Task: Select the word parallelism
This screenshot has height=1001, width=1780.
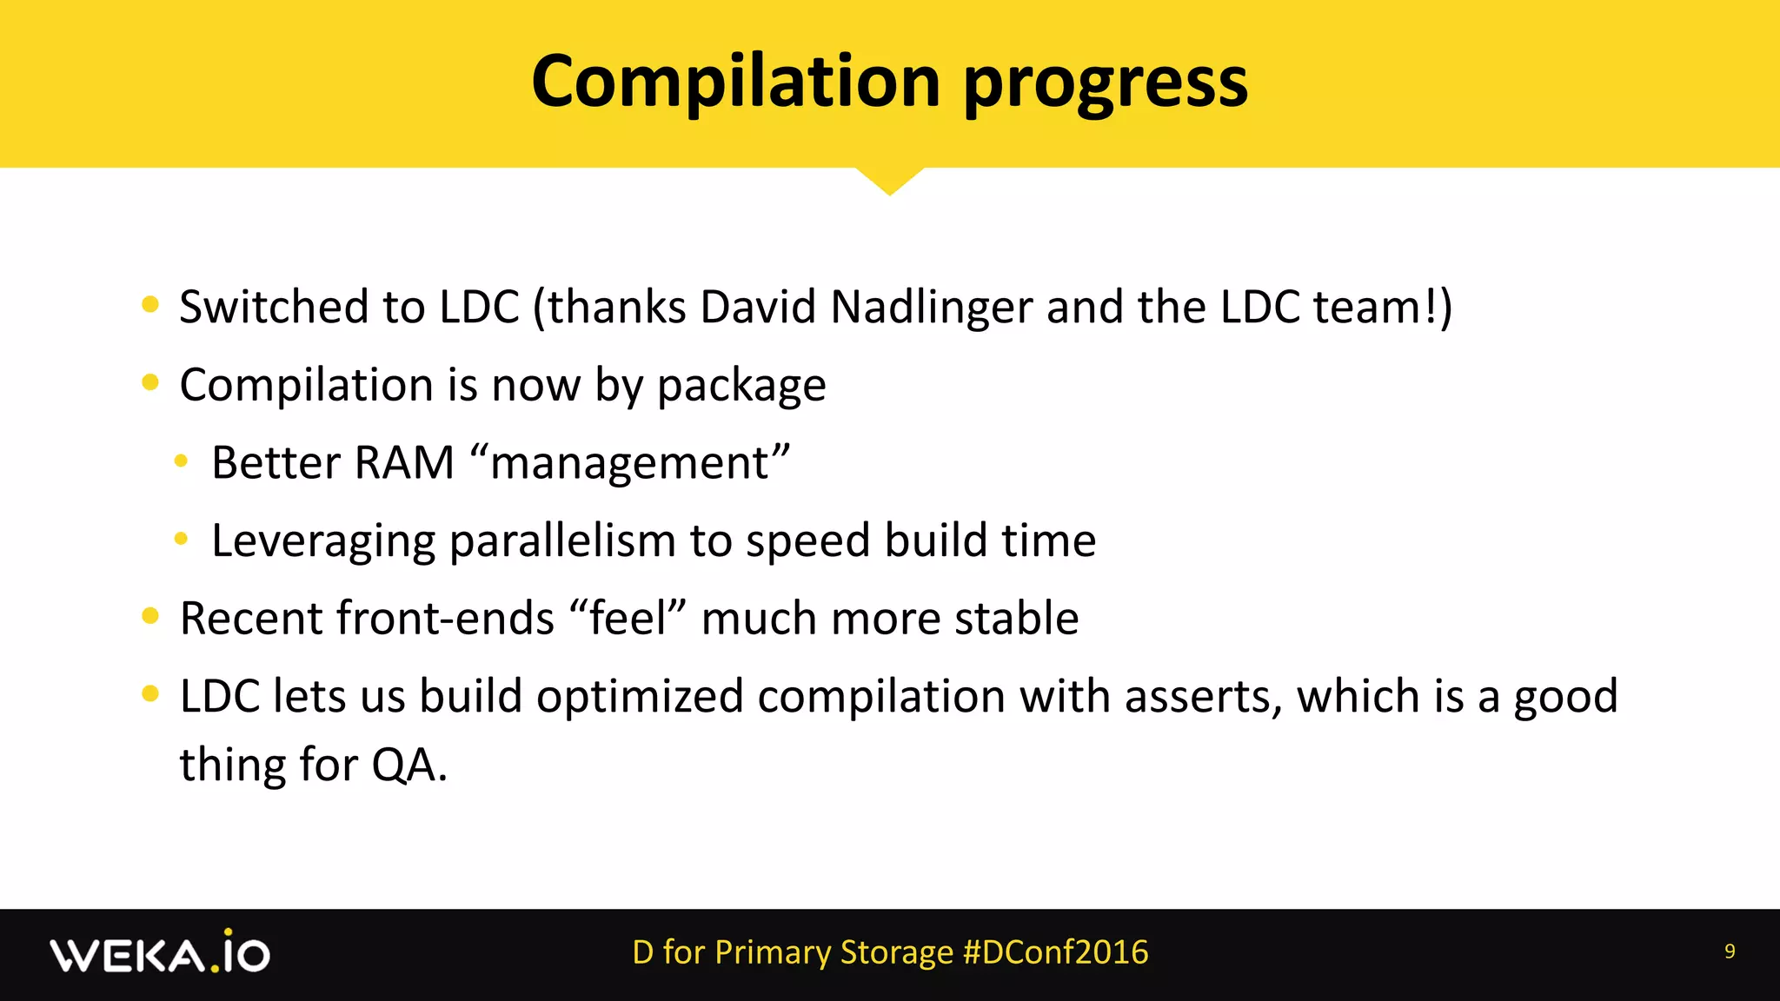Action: pyautogui.click(x=562, y=541)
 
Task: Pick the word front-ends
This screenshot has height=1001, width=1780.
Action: pyautogui.click(x=445, y=619)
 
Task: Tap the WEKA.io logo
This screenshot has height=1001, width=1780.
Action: pyautogui.click(x=160, y=953)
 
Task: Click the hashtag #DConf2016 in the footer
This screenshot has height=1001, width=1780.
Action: pyautogui.click(x=1055, y=952)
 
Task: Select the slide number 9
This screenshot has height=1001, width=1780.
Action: pyautogui.click(x=1729, y=951)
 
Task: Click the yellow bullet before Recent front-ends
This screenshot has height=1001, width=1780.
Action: pyautogui.click(x=150, y=616)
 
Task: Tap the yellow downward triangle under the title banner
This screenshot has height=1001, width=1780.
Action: pyautogui.click(x=889, y=180)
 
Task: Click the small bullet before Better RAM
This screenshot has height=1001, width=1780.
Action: pyautogui.click(x=181, y=461)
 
